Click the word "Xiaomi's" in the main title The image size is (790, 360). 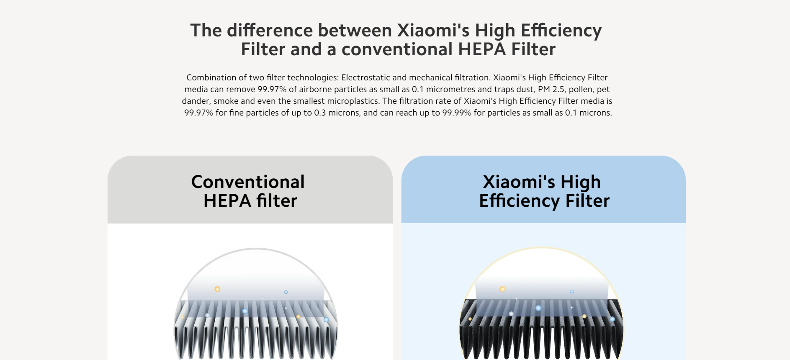pos(433,31)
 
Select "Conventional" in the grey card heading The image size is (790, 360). pos(248,182)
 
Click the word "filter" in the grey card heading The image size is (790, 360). pos(277,201)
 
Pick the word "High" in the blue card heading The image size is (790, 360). pos(580,183)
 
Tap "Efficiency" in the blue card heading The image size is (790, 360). pos(519,201)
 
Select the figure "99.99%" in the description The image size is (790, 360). pos(457,113)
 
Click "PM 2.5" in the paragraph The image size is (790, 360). pos(551,89)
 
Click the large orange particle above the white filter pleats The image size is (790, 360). pos(217,289)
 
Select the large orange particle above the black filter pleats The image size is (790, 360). pos(502,289)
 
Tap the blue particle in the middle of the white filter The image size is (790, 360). pos(245,311)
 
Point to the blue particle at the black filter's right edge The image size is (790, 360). pos(612,319)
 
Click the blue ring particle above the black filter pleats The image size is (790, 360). pos(571,291)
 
